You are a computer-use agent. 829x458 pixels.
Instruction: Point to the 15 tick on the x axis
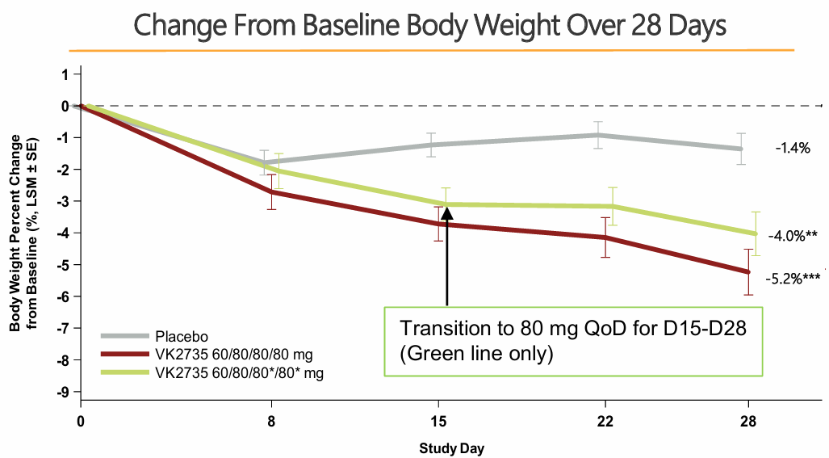(438, 421)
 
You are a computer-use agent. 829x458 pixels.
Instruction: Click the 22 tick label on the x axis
(605, 421)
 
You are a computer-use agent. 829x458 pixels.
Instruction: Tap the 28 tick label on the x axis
(748, 421)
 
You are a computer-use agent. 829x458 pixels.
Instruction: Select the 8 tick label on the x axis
(271, 421)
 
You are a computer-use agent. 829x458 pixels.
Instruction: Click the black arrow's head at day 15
(446, 212)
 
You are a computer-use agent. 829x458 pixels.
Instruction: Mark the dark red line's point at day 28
(748, 272)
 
